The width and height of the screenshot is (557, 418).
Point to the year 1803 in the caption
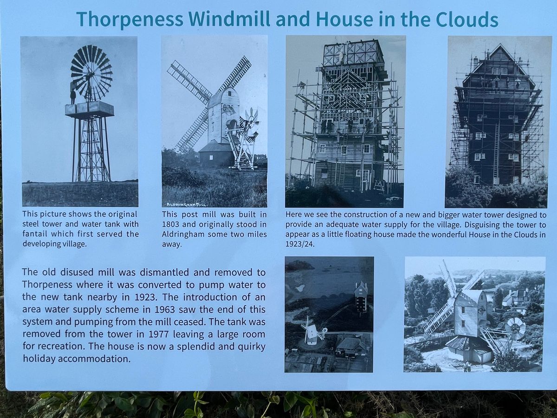(172, 224)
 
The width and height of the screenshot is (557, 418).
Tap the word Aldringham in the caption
(183, 234)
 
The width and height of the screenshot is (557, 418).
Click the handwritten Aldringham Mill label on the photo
(187, 204)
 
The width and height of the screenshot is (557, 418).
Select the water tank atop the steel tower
(89, 108)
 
